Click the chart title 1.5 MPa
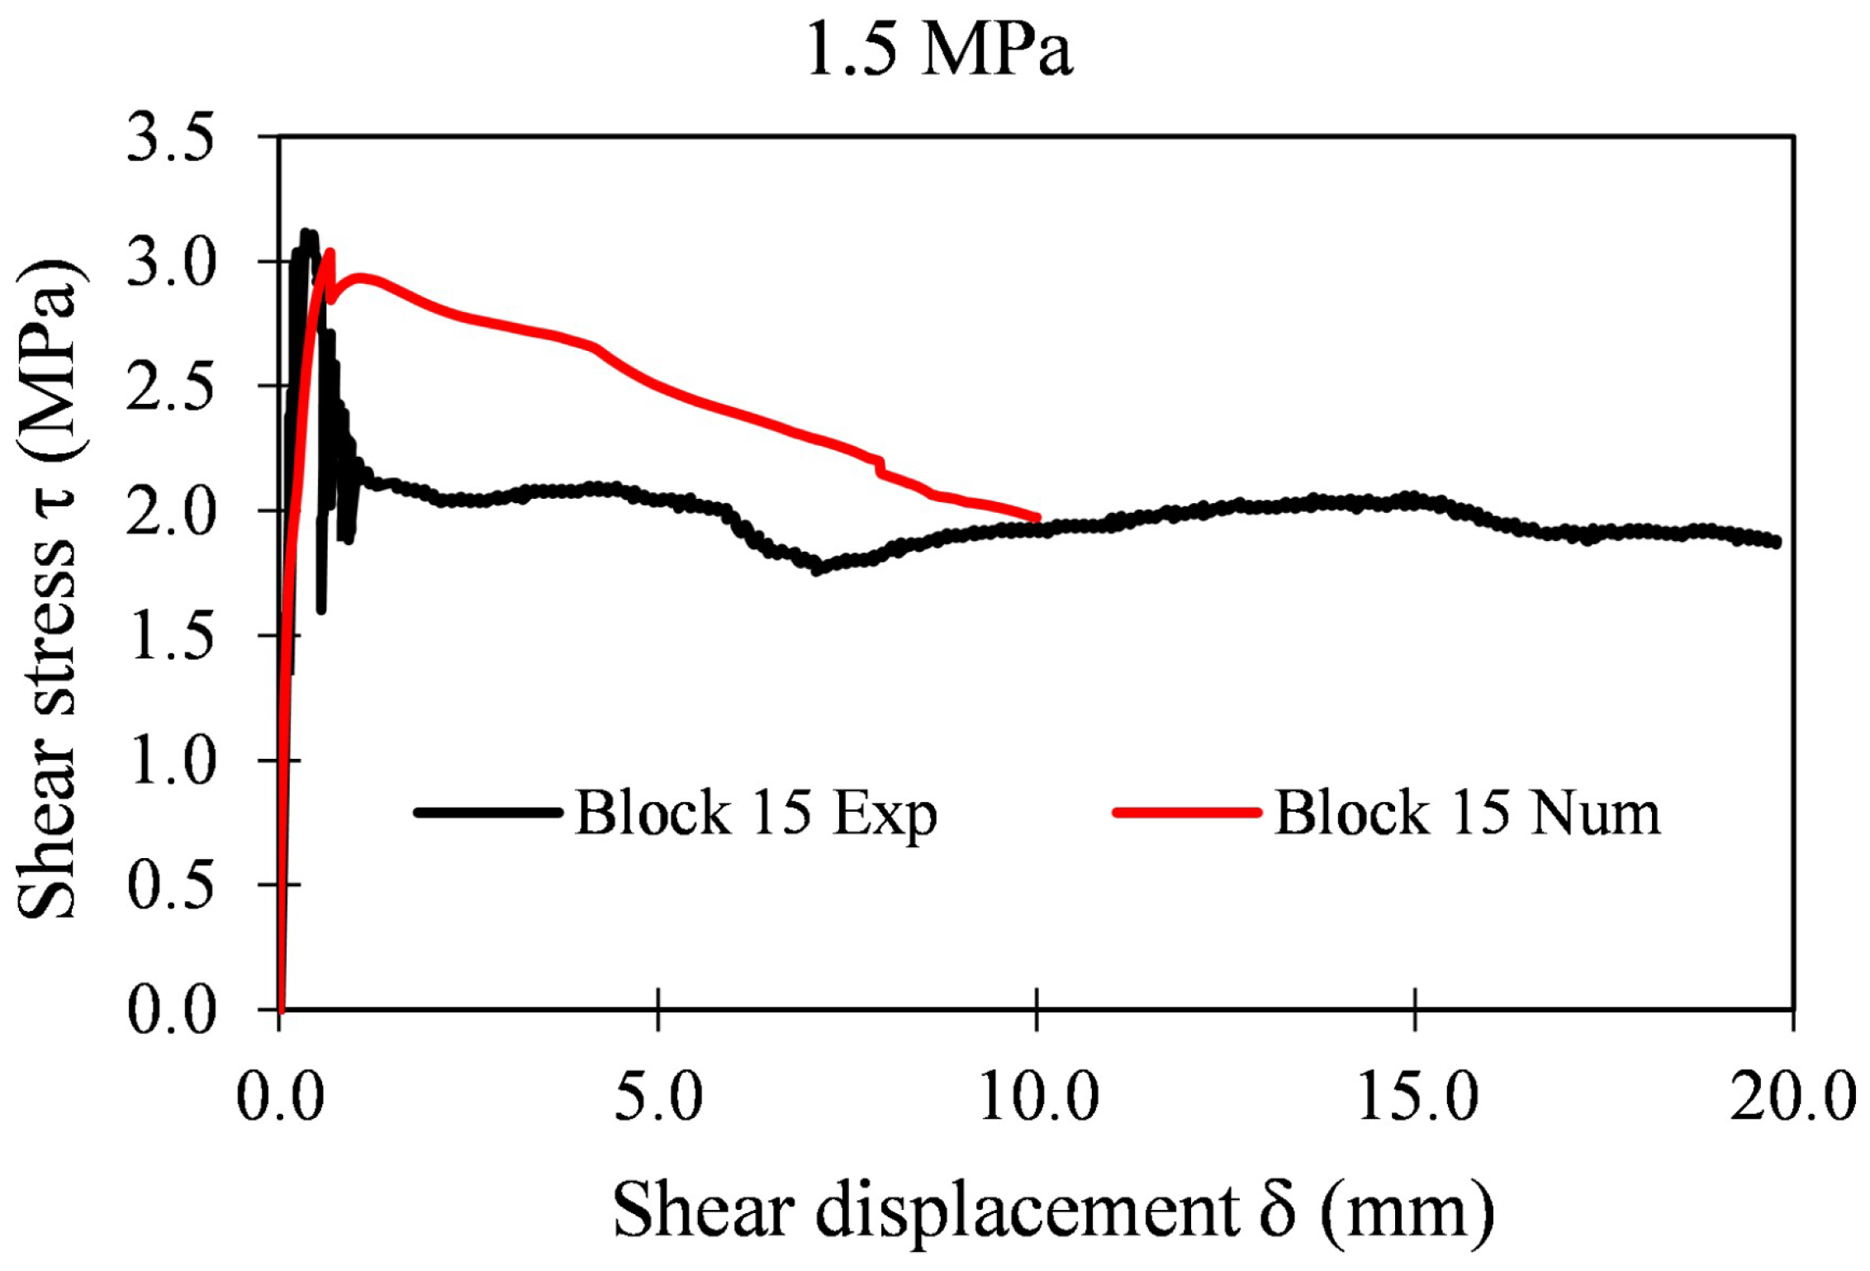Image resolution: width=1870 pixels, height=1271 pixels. click(x=939, y=50)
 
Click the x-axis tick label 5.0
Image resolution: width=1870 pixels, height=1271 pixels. click(x=658, y=1098)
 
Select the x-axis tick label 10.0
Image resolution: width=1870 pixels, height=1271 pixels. click(x=1038, y=1098)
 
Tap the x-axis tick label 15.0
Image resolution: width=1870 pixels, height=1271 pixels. click(x=1417, y=1098)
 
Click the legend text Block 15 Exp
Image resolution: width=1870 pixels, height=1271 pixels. click(x=756, y=813)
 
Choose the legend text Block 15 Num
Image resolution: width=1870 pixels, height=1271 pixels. click(x=1467, y=813)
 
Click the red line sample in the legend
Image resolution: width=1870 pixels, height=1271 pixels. click(x=1187, y=813)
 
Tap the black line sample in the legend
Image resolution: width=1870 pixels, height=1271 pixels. click(x=488, y=813)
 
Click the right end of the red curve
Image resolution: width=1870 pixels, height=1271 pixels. click(x=1037, y=518)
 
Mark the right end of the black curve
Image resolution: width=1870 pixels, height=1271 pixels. click(x=1776, y=542)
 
